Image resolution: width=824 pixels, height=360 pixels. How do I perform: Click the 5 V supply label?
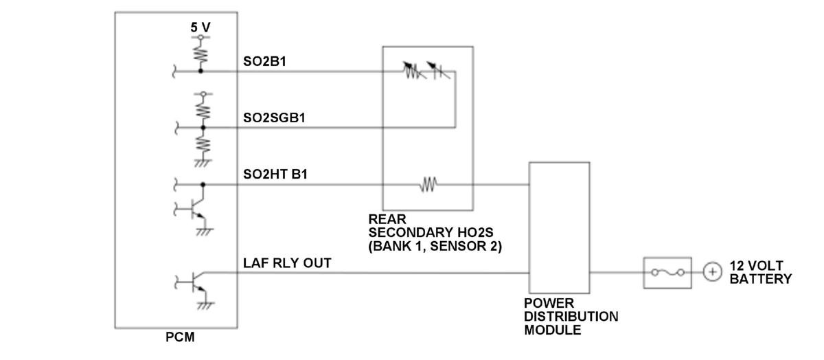coord(201,27)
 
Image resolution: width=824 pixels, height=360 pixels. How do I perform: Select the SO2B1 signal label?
coord(264,61)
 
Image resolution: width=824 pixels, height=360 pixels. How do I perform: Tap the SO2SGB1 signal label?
coord(274,117)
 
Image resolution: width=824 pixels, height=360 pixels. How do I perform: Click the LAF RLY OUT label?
coord(287,263)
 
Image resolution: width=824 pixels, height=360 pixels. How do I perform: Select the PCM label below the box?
coord(181,337)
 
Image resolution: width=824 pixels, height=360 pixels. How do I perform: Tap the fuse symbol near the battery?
coord(662,272)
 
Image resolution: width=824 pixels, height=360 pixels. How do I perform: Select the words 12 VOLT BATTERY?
coord(760,272)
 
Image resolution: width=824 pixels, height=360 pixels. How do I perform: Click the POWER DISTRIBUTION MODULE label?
coord(571,316)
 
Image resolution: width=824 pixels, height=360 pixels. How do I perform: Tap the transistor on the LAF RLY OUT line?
coord(196,281)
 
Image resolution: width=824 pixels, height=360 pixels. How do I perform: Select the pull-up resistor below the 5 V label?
coord(201,52)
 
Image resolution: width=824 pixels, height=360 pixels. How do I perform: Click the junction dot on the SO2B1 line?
coord(201,70)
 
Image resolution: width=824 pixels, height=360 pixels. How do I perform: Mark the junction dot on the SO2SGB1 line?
coord(203,127)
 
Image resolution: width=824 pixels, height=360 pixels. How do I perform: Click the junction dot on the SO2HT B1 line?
coord(203,184)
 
